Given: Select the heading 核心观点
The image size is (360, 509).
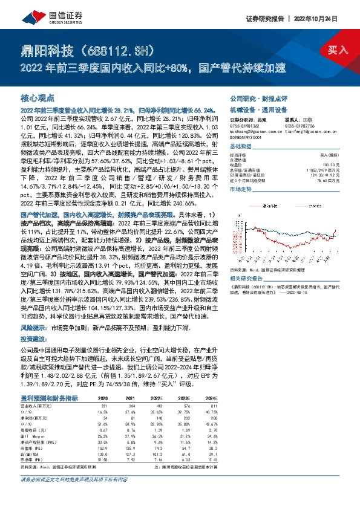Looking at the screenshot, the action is pos(38,98).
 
